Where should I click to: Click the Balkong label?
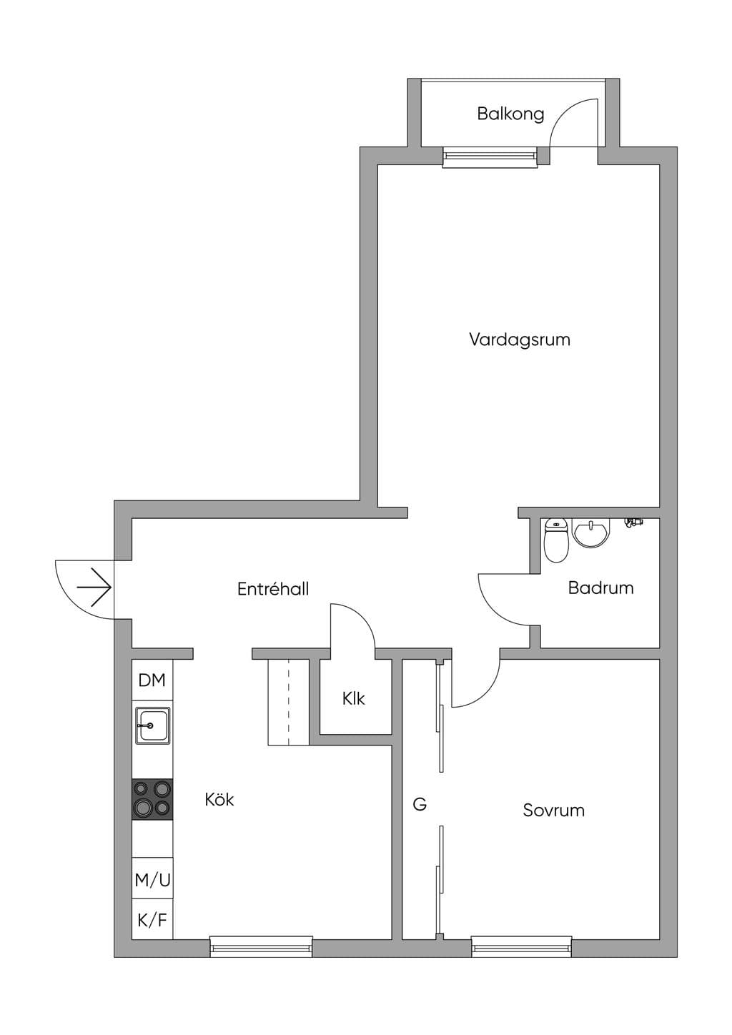pyautogui.click(x=510, y=114)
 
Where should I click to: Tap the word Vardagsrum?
pyautogui.click(x=520, y=340)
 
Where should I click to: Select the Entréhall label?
pyautogui.click(x=273, y=589)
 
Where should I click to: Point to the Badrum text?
pyautogui.click(x=600, y=588)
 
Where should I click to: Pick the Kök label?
pyautogui.click(x=219, y=799)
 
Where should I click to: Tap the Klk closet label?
pyautogui.click(x=354, y=698)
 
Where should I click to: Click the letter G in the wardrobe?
pyautogui.click(x=420, y=804)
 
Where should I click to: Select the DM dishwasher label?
pyautogui.click(x=152, y=680)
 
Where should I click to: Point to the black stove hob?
pyautogui.click(x=152, y=799)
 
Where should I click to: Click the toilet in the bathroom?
pyautogui.click(x=555, y=540)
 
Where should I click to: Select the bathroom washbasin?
pyautogui.click(x=591, y=533)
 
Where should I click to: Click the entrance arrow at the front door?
pyautogui.click(x=94, y=588)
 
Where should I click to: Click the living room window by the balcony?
pyautogui.click(x=490, y=157)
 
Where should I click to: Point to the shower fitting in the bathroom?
pyautogui.click(x=633, y=522)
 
